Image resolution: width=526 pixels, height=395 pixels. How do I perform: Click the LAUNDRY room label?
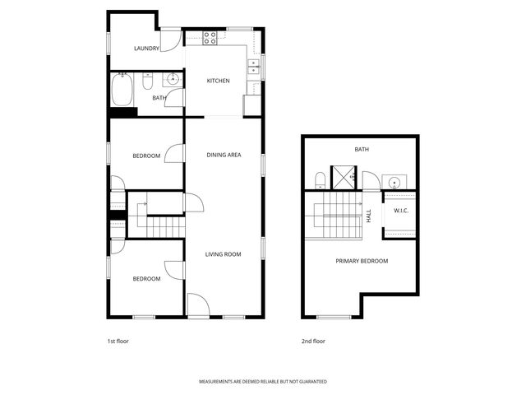tap(146, 49)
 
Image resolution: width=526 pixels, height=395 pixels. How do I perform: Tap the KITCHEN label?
tap(218, 81)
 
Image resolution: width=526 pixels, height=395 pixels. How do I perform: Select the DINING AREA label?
tap(224, 155)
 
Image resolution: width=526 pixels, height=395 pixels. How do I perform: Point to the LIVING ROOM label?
tap(223, 254)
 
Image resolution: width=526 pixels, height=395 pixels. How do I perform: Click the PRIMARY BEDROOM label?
tap(362, 261)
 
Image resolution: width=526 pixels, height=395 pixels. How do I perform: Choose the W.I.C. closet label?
tap(401, 211)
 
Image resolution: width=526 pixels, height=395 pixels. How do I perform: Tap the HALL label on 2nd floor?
tap(369, 216)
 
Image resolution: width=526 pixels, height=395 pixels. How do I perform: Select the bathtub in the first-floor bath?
tap(122, 90)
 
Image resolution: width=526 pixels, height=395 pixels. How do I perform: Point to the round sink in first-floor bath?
tap(173, 80)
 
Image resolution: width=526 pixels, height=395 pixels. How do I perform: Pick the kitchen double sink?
tap(254, 67)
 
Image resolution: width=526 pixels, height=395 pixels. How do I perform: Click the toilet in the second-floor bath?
tap(320, 179)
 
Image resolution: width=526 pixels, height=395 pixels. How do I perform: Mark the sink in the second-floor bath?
tap(395, 182)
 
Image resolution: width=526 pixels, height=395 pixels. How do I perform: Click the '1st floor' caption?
tap(118, 341)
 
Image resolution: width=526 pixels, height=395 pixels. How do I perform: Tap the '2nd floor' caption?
tap(312, 341)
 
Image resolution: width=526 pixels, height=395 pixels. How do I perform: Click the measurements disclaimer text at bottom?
tap(263, 382)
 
